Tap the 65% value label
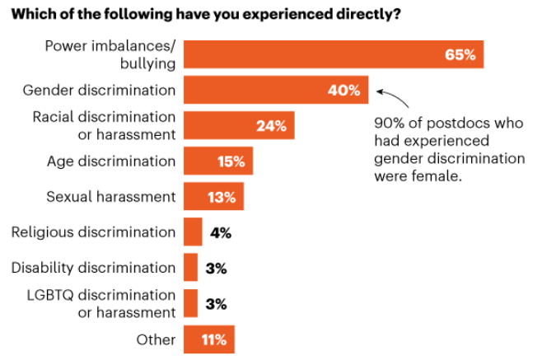point(460,55)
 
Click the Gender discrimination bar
point(264,91)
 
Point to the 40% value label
point(344,91)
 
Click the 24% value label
point(270,126)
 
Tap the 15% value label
point(231,161)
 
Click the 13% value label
point(222,197)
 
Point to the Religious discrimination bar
point(193,232)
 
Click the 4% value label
point(220,232)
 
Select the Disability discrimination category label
point(94,268)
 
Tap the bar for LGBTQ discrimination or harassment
point(190,303)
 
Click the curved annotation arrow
point(392,99)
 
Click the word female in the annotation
point(441,175)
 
